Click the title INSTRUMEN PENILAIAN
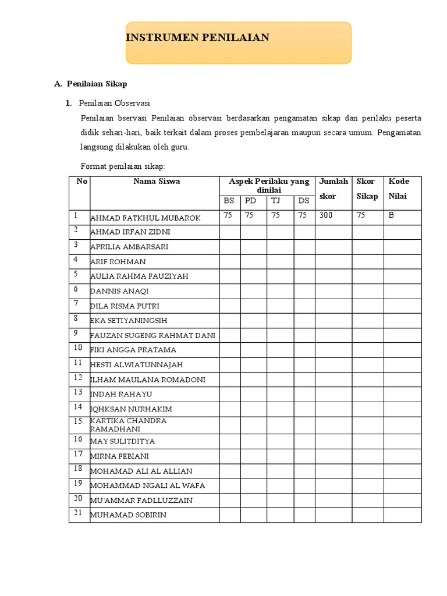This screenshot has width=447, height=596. click(x=198, y=38)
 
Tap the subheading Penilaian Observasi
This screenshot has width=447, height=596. click(x=114, y=103)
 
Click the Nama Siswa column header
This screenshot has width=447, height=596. click(x=157, y=182)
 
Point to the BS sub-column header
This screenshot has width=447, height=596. click(x=229, y=201)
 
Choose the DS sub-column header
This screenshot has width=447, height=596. click(x=303, y=201)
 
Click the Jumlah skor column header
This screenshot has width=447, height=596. click(x=333, y=189)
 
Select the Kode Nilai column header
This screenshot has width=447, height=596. click(x=399, y=189)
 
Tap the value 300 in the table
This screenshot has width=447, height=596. click(x=326, y=215)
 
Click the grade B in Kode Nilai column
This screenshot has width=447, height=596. click(x=391, y=215)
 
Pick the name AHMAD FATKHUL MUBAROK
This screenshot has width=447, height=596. click(x=146, y=218)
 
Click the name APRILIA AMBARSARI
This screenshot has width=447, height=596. click(x=129, y=247)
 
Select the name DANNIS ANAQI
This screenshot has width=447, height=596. click(x=119, y=291)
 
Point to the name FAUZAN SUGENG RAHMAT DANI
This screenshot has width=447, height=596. click(x=152, y=335)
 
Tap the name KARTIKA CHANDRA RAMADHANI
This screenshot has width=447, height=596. click(x=129, y=424)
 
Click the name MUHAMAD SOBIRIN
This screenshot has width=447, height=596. click(x=128, y=515)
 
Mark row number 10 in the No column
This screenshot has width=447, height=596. click(x=78, y=347)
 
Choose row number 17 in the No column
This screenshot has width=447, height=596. click(x=78, y=453)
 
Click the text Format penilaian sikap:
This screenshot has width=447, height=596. click(x=123, y=166)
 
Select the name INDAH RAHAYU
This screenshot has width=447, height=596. click(x=121, y=395)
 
